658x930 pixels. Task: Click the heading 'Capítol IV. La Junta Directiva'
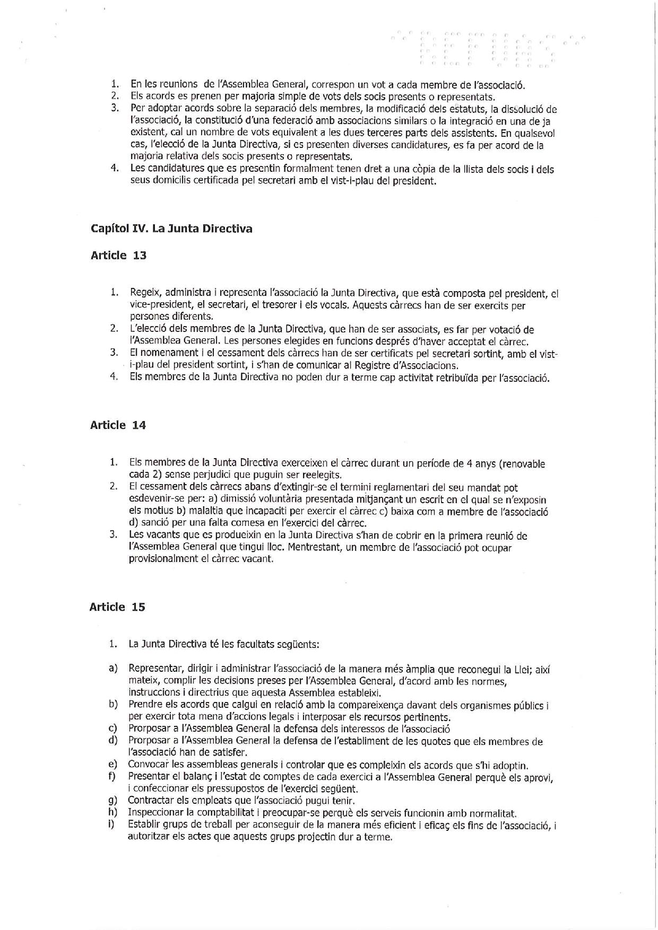[171, 229]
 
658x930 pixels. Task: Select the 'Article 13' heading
[118, 256]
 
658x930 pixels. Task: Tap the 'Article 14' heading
[118, 425]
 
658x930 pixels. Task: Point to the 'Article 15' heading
[117, 608]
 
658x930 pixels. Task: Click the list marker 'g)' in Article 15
[112, 801]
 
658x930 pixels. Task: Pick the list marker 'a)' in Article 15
[112, 669]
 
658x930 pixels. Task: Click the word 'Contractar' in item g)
[150, 801]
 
